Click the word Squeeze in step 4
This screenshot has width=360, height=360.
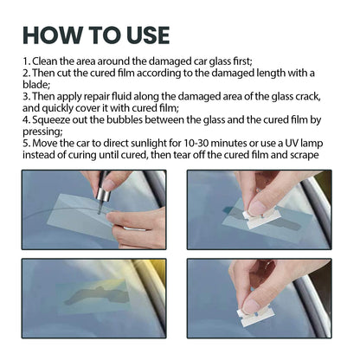[48, 123]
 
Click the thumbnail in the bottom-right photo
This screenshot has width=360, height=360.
[250, 304]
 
